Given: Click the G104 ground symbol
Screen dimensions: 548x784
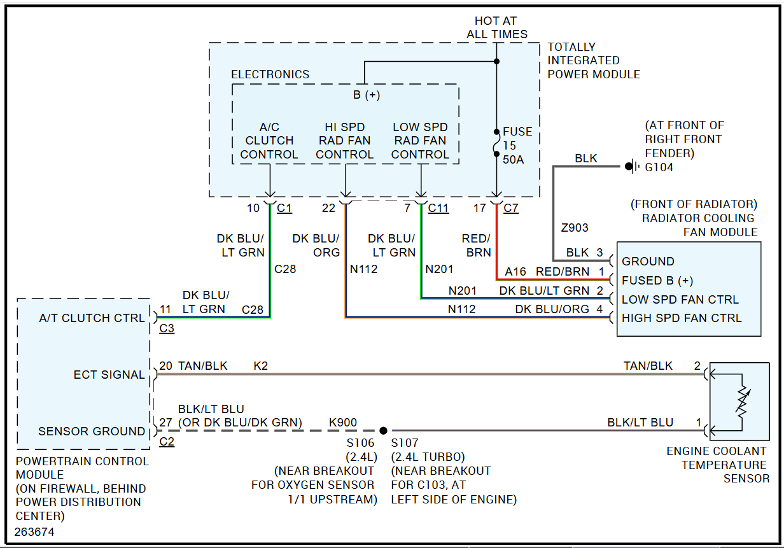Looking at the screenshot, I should [630, 167].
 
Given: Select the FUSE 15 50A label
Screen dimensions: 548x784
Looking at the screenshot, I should [517, 145].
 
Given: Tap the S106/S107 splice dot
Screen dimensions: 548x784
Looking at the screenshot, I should [383, 431].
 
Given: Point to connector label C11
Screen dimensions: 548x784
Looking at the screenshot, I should [438, 208].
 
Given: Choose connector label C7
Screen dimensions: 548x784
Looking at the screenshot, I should [511, 208].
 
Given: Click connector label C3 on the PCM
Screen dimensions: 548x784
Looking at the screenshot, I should [167, 329].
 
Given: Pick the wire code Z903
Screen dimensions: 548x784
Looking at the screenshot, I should [575, 227].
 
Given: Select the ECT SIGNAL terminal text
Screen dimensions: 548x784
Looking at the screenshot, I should [109, 374].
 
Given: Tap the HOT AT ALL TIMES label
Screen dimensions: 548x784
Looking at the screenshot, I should [497, 27].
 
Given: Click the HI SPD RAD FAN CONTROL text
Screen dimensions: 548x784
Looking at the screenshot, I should [345, 141].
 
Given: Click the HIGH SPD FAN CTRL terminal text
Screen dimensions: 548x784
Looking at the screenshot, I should [682, 318].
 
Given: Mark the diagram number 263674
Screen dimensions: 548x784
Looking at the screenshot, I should [35, 531].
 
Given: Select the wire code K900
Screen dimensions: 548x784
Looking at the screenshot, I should [343, 422].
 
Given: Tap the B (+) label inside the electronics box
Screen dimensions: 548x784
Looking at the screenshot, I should [366, 95].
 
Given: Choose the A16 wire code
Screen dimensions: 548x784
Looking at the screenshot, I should [515, 272].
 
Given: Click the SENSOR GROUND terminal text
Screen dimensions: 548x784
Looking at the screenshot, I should [92, 431].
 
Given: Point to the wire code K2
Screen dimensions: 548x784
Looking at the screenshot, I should [261, 366].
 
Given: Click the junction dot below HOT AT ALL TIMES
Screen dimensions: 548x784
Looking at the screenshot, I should [497, 62].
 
